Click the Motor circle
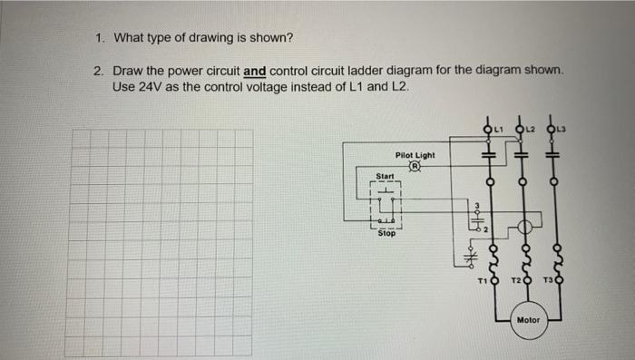tap(528, 320)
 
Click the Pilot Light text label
tap(415, 155)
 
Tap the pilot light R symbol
tap(415, 166)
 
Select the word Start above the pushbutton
tap(385, 175)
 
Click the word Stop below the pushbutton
tap(386, 233)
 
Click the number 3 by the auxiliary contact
tap(472, 203)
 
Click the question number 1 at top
tap(101, 38)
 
